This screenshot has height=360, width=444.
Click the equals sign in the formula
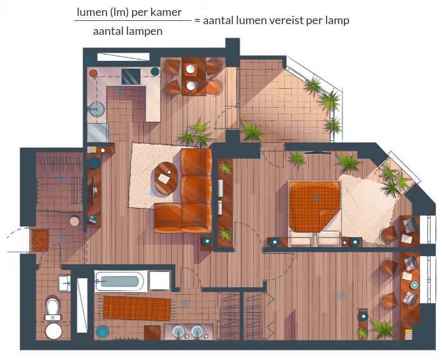197,21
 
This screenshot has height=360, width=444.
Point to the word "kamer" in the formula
169,12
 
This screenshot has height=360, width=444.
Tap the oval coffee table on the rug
166,178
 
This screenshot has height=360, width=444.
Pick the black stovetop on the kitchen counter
131,77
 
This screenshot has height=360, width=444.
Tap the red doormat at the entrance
40,240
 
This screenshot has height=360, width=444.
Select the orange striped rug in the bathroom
137,308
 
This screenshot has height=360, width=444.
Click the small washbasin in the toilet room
64,283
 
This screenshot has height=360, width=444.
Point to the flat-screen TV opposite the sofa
93,191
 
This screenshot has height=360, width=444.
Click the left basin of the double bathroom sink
178,331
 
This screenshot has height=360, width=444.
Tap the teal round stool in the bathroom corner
103,332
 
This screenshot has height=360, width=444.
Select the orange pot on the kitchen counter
93,74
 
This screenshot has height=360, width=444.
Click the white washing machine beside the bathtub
160,281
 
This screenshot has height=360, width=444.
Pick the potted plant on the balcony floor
252,131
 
